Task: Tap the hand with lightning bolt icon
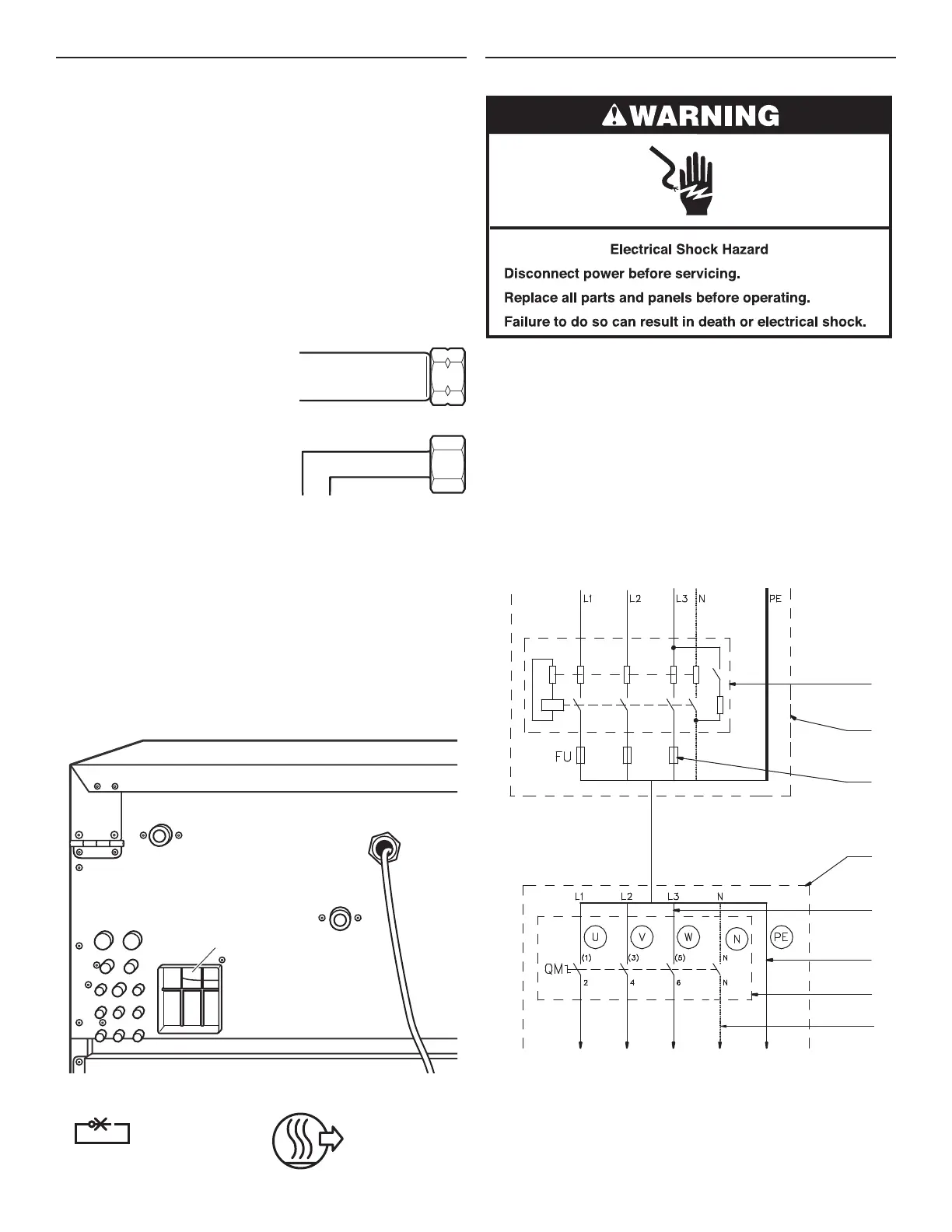click(x=688, y=182)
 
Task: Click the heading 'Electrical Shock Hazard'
click(x=688, y=250)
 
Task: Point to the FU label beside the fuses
click(x=563, y=756)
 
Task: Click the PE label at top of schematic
click(x=775, y=599)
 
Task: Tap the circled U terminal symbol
click(x=595, y=936)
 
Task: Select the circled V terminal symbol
click(x=642, y=936)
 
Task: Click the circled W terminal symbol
click(x=688, y=936)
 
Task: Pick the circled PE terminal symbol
click(x=781, y=937)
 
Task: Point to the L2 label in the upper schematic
click(x=635, y=599)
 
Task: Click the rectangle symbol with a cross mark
click(x=102, y=1132)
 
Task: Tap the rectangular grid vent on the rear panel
click(x=190, y=999)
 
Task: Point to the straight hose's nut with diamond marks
click(x=448, y=375)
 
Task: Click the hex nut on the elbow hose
click(x=448, y=464)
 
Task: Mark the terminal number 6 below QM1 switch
click(x=678, y=982)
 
